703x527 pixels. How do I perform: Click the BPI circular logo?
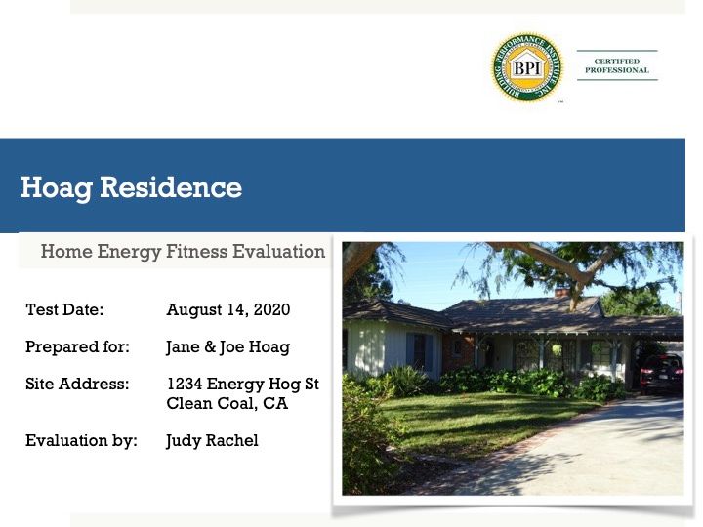[x=527, y=67]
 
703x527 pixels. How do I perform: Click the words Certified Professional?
[x=617, y=66]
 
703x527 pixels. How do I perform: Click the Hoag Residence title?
[x=132, y=187]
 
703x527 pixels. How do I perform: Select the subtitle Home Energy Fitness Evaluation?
[x=183, y=252]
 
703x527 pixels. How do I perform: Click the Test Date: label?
[x=64, y=309]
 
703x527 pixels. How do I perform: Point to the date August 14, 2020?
[x=228, y=309]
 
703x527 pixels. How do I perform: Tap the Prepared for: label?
[x=77, y=346]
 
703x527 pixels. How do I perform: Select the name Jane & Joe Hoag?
[x=228, y=347]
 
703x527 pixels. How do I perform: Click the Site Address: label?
[x=77, y=385]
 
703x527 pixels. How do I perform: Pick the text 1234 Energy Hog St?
[x=242, y=385]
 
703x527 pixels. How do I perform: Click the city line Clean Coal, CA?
[x=227, y=403]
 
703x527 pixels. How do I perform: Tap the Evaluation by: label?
[x=81, y=440]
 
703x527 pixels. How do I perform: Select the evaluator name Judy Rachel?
[x=212, y=441]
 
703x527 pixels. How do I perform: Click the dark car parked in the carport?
[x=662, y=374]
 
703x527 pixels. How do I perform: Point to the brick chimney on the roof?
[x=562, y=292]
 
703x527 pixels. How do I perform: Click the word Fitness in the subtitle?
[x=197, y=251]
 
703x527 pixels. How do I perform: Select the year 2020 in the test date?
[x=271, y=309]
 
